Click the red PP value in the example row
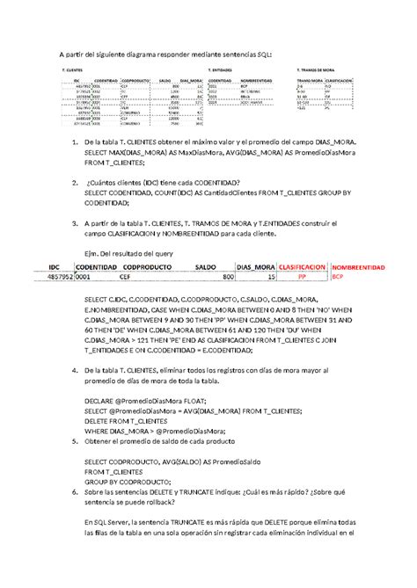[302, 276]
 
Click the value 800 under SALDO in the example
[228, 276]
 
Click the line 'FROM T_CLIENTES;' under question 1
[114, 163]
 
